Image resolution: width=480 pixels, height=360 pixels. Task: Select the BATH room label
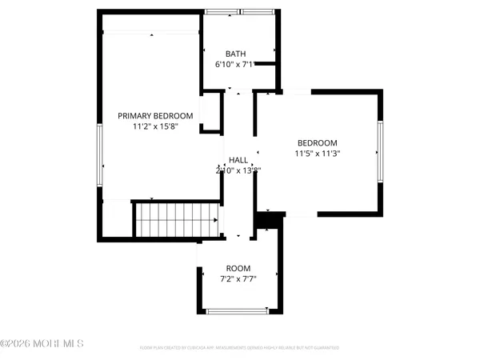[x=236, y=54]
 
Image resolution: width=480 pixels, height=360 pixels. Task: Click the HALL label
[x=238, y=160]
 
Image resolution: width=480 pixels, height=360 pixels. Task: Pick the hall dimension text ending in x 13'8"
[x=238, y=170]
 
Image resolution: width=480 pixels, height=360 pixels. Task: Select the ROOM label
[x=238, y=268]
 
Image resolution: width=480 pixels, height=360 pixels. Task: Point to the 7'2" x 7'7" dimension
[x=238, y=279]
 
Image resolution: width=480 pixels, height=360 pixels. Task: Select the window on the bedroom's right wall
[x=378, y=151]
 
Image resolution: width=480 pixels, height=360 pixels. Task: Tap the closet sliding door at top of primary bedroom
[x=151, y=32]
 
